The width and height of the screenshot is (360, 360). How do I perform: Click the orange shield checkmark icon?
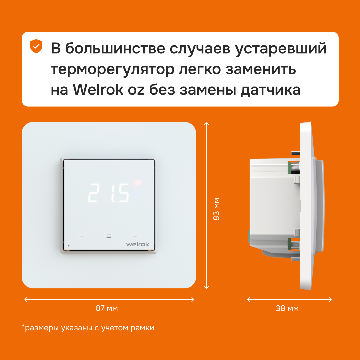tap(36, 46)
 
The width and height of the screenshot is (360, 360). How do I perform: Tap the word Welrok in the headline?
tap(98, 90)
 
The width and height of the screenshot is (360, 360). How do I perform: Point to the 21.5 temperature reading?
tap(109, 193)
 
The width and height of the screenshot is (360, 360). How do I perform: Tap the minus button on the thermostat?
tap(82, 236)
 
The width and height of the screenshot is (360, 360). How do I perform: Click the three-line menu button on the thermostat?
tap(109, 236)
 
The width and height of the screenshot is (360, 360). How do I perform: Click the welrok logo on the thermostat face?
tap(138, 244)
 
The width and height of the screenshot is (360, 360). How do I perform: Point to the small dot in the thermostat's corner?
tap(69, 246)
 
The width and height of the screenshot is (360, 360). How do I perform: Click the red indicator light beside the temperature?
tap(138, 183)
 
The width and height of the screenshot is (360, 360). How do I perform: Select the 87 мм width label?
tap(107, 308)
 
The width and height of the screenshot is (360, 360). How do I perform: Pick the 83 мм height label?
tap(216, 209)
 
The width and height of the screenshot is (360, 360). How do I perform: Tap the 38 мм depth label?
tap(287, 308)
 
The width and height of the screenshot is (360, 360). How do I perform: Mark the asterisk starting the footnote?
tap(23, 326)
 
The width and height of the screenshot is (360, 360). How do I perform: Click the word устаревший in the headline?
tap(281, 49)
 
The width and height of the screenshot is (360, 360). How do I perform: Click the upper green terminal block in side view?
tap(290, 167)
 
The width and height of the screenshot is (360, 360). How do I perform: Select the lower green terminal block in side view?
tap(290, 244)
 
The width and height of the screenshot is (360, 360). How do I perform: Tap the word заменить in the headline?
tap(261, 69)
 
